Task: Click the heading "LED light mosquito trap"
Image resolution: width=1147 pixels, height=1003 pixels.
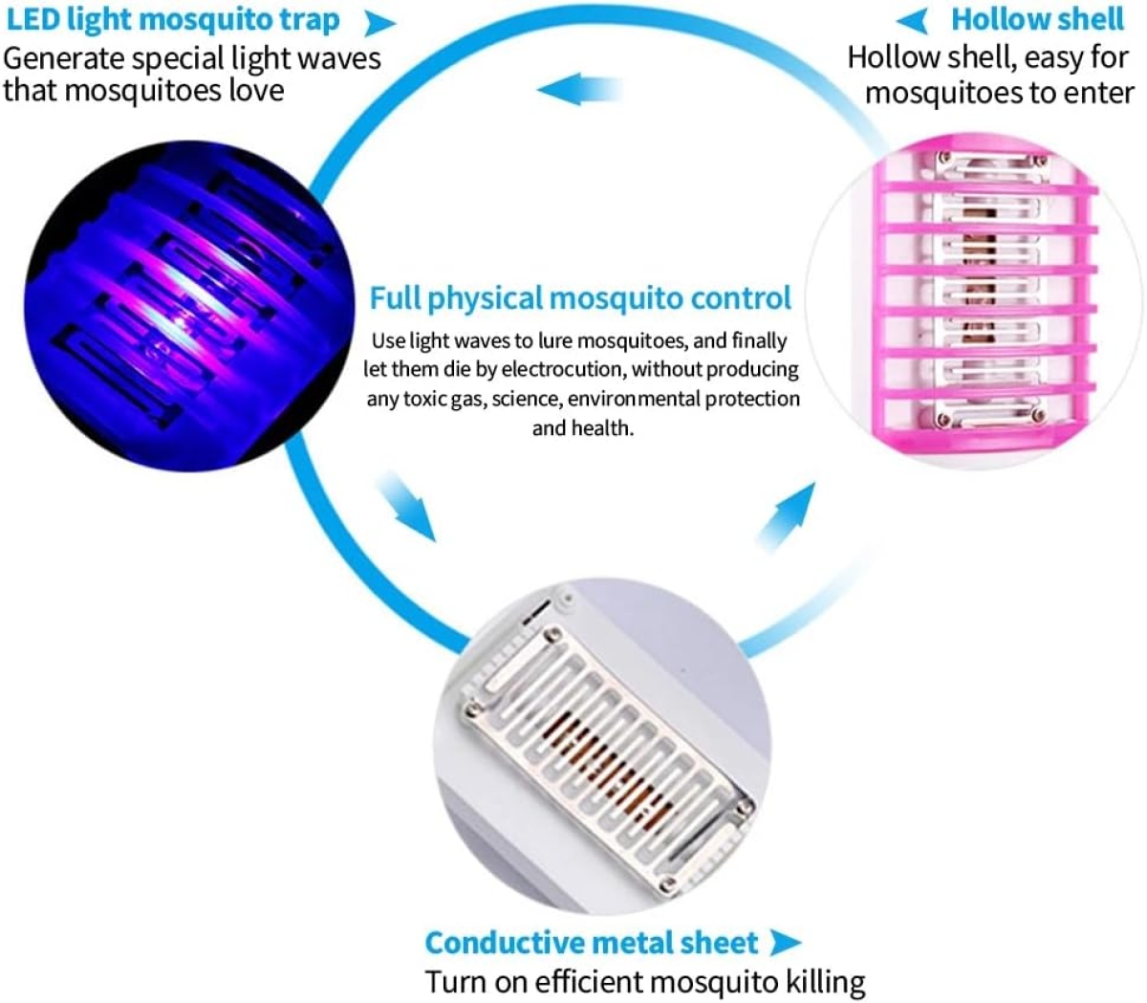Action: pos(173,21)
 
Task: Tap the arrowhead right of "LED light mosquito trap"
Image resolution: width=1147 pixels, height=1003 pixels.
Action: pos(379,23)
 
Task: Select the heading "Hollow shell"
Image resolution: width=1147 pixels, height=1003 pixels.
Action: pos(1037,20)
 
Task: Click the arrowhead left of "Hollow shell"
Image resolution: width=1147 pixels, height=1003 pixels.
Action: pos(911,21)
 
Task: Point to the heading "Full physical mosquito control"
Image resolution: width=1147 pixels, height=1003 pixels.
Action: pos(580,298)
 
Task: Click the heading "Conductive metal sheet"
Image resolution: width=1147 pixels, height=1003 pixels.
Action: pos(592,943)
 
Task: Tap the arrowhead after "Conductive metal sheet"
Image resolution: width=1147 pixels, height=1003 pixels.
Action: pos(785,943)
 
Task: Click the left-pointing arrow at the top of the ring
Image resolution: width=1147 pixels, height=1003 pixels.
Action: pos(579,89)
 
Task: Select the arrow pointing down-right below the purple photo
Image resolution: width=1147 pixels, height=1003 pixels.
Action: pos(407,506)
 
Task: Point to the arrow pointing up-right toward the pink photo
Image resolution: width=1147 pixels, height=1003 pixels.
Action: pos(786,517)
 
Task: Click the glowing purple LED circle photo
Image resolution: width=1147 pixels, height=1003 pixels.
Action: pos(189,306)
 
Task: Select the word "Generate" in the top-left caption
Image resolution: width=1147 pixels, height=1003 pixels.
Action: pos(64,59)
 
